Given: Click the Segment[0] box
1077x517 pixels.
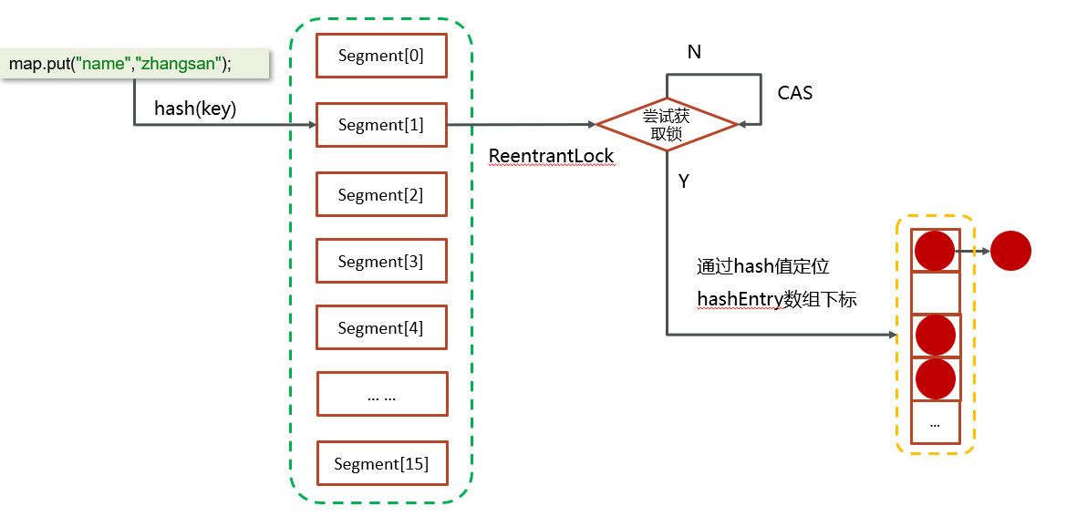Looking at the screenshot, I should tap(381, 56).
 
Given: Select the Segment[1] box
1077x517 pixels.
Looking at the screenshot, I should tap(381, 125).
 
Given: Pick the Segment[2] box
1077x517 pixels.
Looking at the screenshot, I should tap(381, 195).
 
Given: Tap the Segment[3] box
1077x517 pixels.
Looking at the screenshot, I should tap(381, 262).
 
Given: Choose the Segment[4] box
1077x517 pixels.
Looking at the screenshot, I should tap(381, 328).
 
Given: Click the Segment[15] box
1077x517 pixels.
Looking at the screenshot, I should tap(381, 463).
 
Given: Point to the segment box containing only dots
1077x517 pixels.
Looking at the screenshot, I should tap(381, 395).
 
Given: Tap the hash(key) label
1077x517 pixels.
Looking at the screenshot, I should tap(195, 109).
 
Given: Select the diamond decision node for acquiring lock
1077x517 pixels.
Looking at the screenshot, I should tap(667, 124).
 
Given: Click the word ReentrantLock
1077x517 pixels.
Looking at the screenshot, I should tap(552, 156).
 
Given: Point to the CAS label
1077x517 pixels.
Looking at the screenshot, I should tap(795, 92).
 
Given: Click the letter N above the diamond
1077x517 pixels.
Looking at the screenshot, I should tap(694, 53).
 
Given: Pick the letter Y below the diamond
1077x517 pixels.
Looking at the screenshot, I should tap(683, 181).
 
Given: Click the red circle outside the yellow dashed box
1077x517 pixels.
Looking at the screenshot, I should tap(1010, 250).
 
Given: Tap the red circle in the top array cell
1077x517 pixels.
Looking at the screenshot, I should tap(935, 250).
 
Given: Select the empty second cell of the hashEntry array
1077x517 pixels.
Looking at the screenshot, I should tap(936, 293).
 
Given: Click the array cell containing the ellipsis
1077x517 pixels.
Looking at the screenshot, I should tap(936, 423).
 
